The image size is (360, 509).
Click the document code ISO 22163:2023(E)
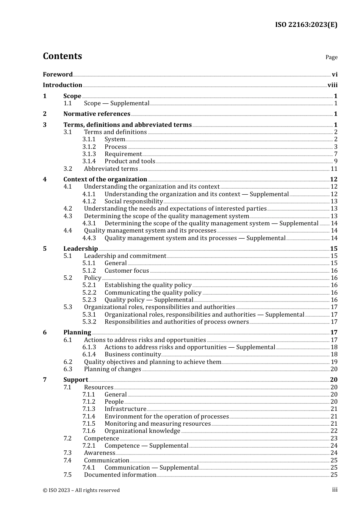[306, 25]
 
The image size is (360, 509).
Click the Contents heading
[62, 56]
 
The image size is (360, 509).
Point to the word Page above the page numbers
[331, 57]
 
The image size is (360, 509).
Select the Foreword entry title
[58, 75]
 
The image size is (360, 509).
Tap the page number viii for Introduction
[332, 85]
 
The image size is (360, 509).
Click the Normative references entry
[97, 114]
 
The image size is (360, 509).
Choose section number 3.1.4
[89, 161]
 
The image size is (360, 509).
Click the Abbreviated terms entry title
[111, 169]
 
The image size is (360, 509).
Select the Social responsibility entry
[133, 201]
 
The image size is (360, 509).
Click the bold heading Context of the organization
[105, 180]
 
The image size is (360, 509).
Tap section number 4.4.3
[89, 238]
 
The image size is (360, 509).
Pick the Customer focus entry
[127, 271]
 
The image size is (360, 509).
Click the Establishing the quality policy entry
[148, 285]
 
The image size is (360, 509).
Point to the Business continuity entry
[133, 354]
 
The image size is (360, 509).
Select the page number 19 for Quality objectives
[334, 362]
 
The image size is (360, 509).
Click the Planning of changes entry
[112, 369]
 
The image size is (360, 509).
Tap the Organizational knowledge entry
[142, 431]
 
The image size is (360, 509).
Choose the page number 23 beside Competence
[334, 439]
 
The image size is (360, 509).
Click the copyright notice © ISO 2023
[81, 490]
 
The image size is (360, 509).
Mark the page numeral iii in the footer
[335, 490]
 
